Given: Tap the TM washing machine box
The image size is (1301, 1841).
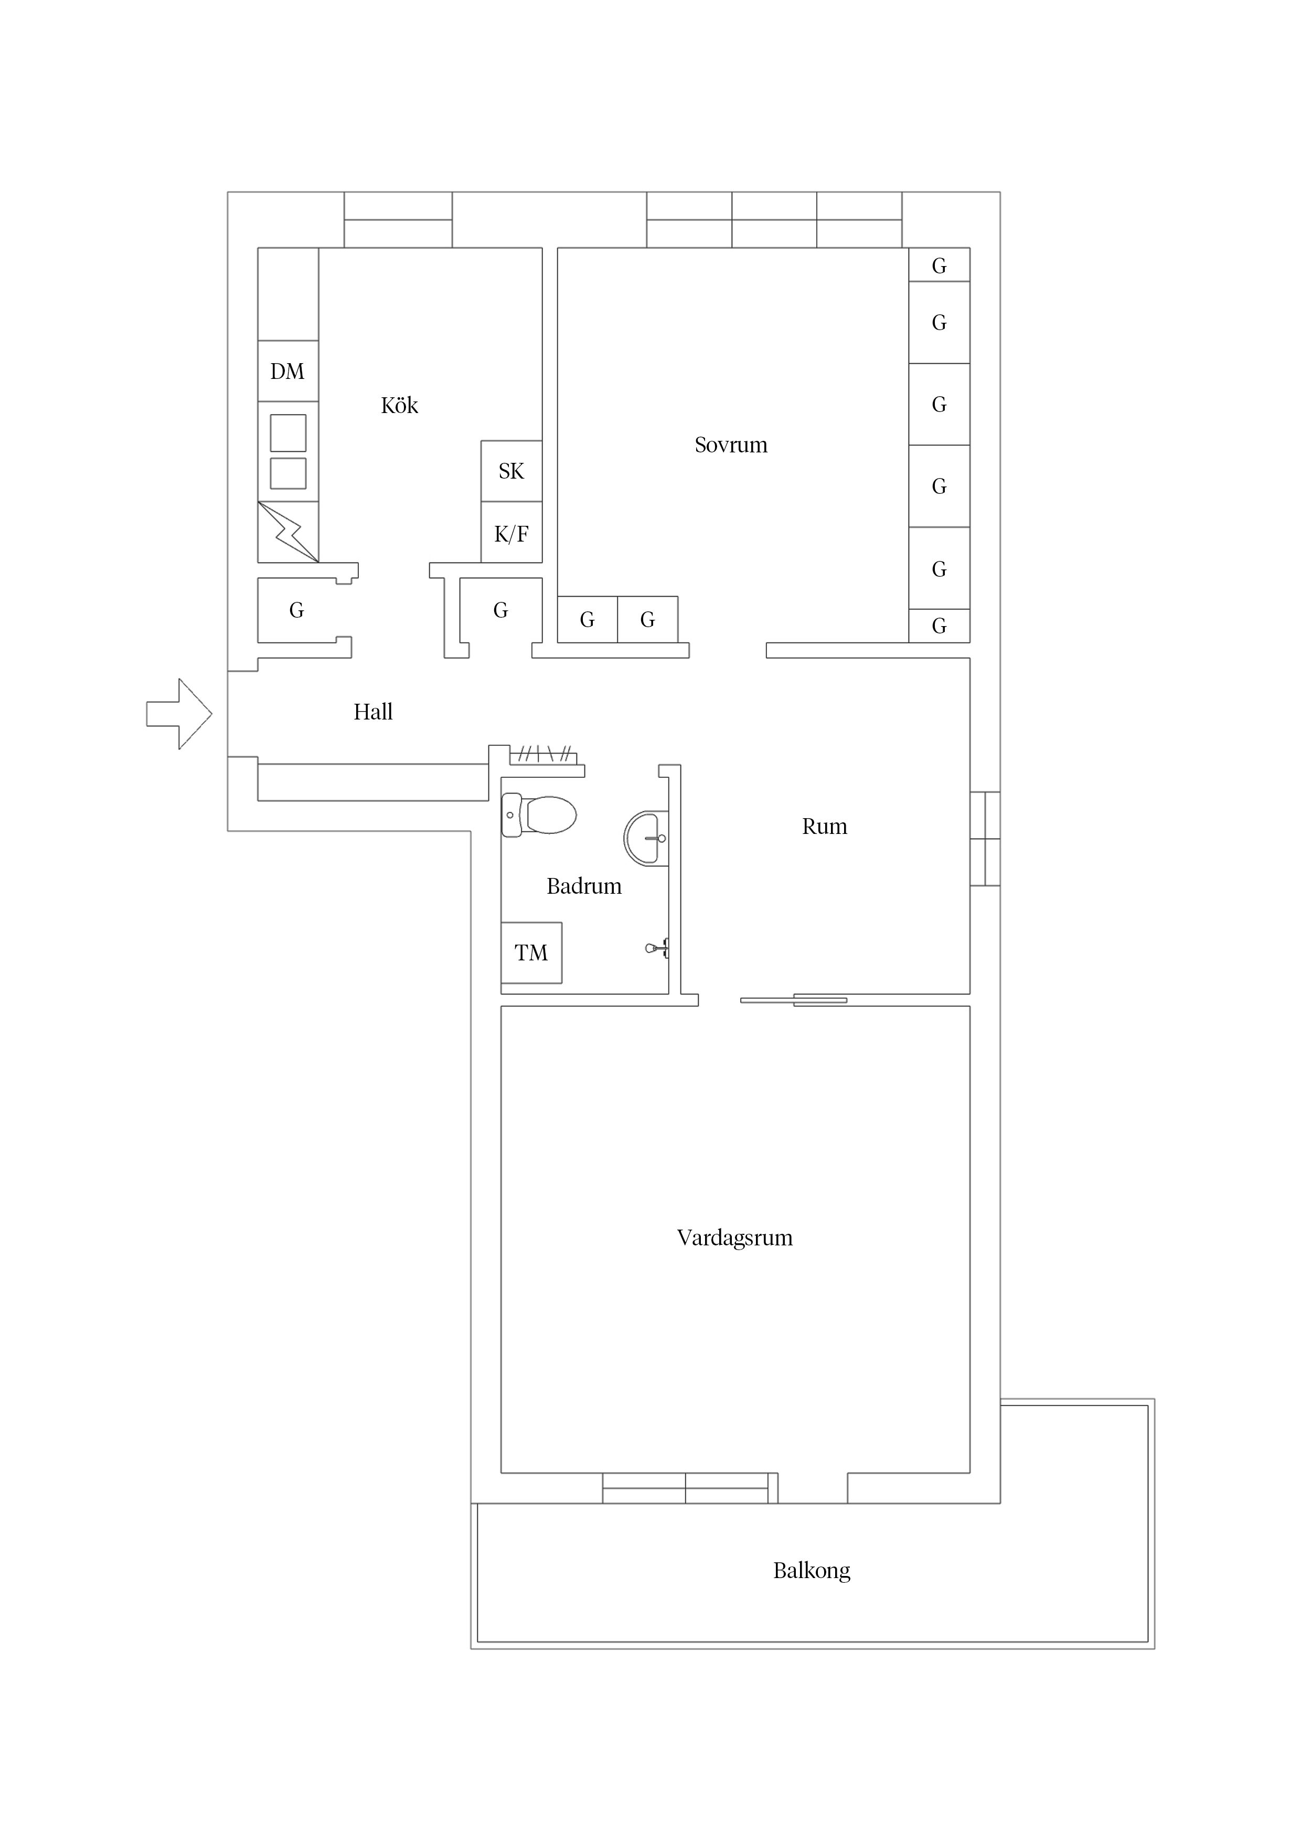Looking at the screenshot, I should [x=531, y=953].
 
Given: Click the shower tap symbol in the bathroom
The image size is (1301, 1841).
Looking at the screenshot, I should [x=657, y=948].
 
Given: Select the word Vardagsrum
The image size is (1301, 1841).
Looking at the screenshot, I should [x=734, y=1238].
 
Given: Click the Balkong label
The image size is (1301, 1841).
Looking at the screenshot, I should [x=811, y=1571].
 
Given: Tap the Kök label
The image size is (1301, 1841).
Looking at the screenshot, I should [x=399, y=406].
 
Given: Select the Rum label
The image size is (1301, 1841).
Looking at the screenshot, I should [x=824, y=827].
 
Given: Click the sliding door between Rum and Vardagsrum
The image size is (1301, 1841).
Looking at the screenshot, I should [x=794, y=1000].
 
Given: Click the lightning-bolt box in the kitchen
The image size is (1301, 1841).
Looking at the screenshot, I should [x=288, y=532].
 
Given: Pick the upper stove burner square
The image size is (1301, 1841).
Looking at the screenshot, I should [x=288, y=433].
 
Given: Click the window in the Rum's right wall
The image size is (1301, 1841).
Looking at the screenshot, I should [x=985, y=839].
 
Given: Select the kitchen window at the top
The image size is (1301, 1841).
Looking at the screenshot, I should [x=398, y=220].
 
